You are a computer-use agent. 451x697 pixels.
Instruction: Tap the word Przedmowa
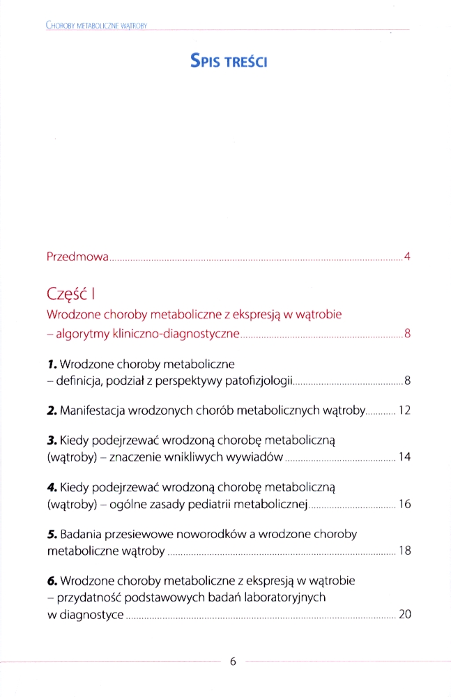77,257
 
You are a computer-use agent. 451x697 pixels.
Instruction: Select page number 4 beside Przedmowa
406,256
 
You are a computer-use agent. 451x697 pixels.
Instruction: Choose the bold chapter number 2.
52,411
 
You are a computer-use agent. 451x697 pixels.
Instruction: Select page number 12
404,411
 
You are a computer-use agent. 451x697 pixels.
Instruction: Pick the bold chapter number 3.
52,441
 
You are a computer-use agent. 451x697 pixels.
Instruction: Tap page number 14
404,458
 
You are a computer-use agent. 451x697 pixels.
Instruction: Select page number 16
404,505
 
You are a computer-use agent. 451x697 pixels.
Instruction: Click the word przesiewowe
132,535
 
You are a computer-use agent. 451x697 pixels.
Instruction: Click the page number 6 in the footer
234,662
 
